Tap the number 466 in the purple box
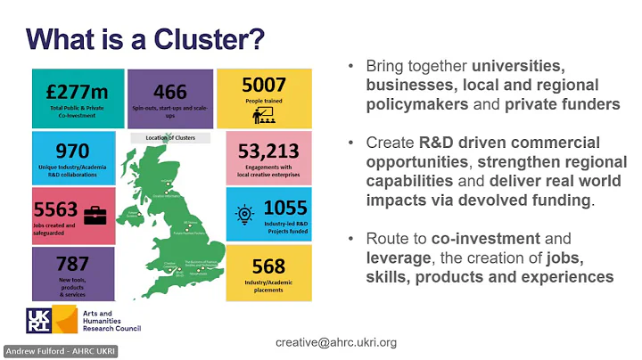pyautogui.click(x=170, y=92)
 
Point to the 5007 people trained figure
pyautogui.click(x=264, y=86)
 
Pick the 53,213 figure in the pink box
pyautogui.click(x=268, y=151)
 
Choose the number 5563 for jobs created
pyautogui.click(x=56, y=211)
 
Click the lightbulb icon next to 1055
pyautogui.click(x=243, y=212)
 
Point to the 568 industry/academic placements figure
pyautogui.click(x=268, y=266)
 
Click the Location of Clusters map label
pyautogui.click(x=169, y=138)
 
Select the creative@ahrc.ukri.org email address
pyautogui.click(x=336, y=342)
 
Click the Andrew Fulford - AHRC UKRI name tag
pyautogui.click(x=60, y=351)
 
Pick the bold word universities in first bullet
pyautogui.click(x=518, y=67)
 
